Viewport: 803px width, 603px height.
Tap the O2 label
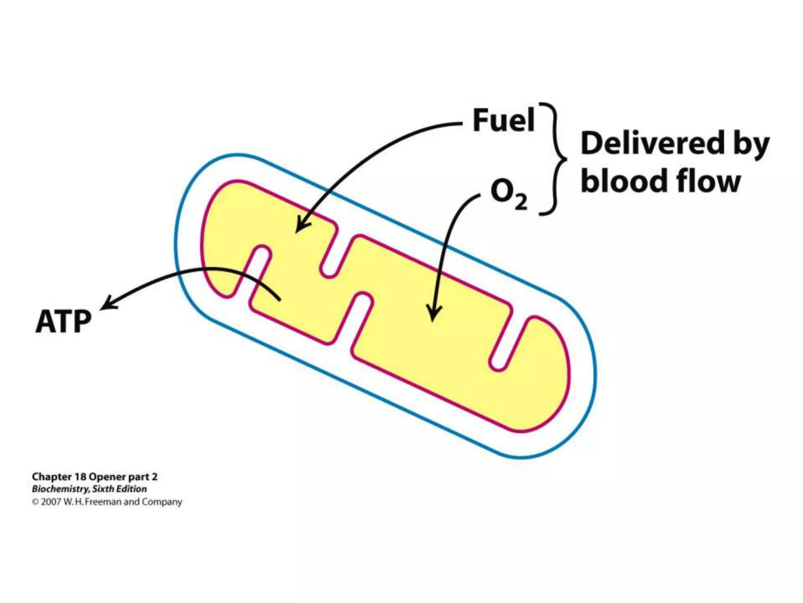[508, 194]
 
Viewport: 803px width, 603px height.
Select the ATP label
[63, 322]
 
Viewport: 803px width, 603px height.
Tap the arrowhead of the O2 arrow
[433, 314]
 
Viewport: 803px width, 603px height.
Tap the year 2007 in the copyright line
[51, 502]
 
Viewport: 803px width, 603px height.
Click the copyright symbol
[35, 502]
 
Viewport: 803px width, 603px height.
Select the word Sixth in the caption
[104, 489]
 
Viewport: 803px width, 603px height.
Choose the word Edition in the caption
[132, 489]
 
